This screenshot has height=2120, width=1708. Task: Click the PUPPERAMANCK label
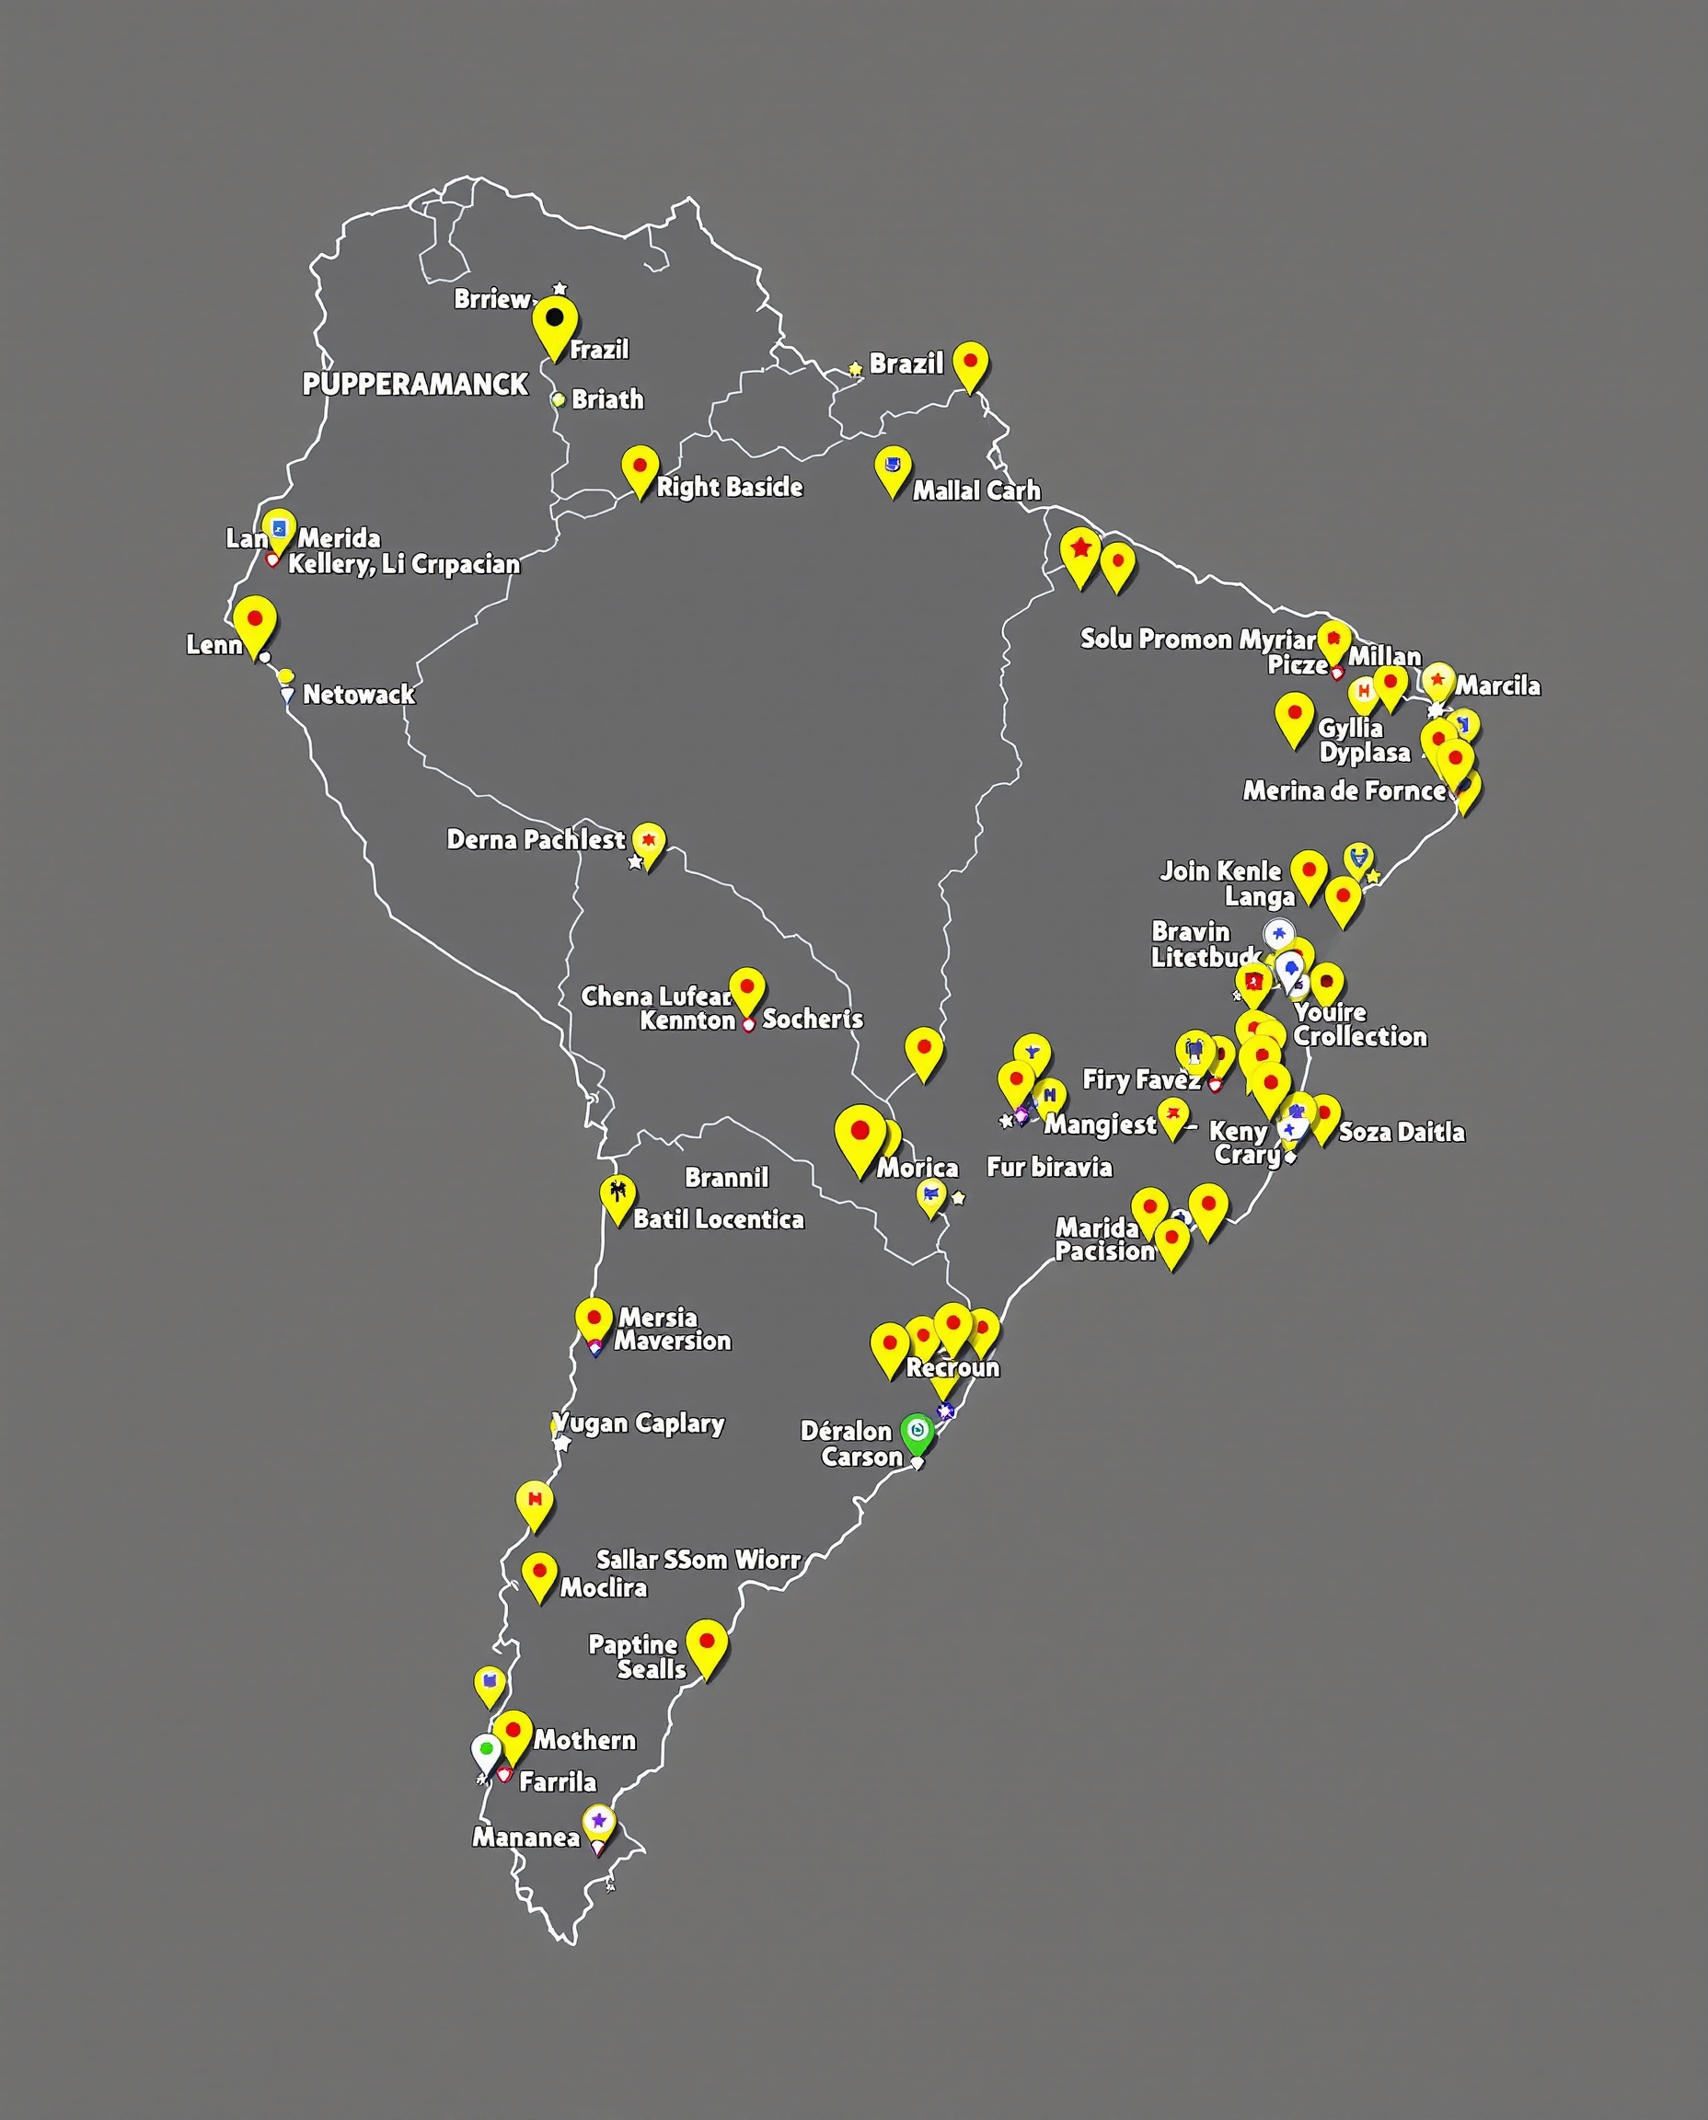tap(414, 385)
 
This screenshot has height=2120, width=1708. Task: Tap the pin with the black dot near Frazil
tap(555, 323)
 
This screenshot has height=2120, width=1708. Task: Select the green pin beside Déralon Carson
tap(917, 1432)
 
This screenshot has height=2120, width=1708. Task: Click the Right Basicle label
tap(729, 488)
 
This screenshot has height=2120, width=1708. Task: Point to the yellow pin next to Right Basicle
tap(640, 469)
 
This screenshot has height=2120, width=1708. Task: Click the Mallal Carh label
tap(976, 490)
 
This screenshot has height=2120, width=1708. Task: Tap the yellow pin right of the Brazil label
tap(970, 364)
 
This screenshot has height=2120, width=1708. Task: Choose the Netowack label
tap(358, 695)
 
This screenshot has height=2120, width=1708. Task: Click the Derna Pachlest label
tap(536, 839)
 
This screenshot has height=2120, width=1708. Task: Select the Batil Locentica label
tap(718, 1220)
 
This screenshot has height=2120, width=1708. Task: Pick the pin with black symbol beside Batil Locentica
tap(617, 1197)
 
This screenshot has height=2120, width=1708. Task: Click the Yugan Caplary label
tap(640, 1423)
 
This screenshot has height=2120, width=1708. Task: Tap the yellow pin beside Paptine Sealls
tap(706, 1646)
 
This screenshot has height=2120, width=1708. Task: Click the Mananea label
tap(525, 1838)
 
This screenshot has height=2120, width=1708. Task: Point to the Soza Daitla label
tap(1401, 1133)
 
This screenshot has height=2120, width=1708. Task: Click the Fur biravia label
tap(1049, 1168)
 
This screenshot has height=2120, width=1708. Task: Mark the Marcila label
tap(1497, 686)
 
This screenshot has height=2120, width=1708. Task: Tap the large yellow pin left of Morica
tap(860, 1136)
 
